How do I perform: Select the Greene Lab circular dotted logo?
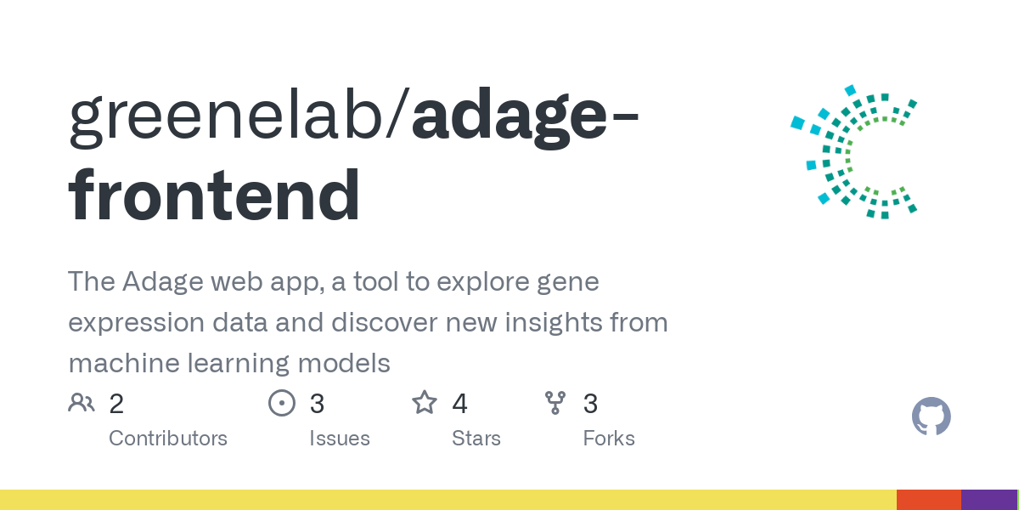pos(853,152)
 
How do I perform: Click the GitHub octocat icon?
pos(931,417)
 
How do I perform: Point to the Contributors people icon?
pos(82,402)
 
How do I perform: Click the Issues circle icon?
pos(281,402)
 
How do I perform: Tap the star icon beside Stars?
pos(425,402)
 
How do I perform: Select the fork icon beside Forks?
pos(555,402)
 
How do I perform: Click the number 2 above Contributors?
pos(116,404)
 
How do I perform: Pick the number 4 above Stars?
pos(459,404)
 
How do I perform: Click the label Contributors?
pos(168,439)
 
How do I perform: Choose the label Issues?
pos(340,439)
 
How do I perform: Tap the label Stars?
pos(476,439)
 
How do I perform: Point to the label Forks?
pos(609,439)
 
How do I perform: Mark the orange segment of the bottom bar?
pos(928,500)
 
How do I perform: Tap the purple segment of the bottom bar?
pos(988,500)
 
